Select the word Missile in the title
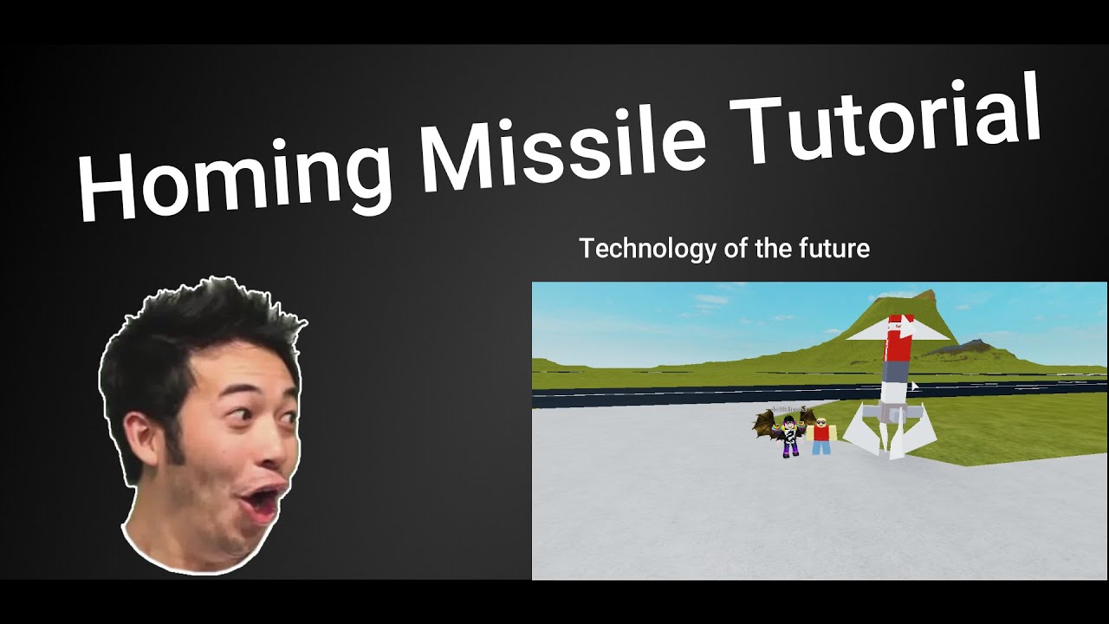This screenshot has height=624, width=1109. point(563,143)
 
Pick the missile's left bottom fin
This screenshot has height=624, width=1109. point(861,429)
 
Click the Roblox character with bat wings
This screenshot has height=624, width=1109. point(788,433)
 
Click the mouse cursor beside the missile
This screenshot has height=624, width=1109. point(914,387)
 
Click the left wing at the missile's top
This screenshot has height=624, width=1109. point(866,332)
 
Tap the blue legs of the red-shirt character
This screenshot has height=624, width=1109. point(820,448)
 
